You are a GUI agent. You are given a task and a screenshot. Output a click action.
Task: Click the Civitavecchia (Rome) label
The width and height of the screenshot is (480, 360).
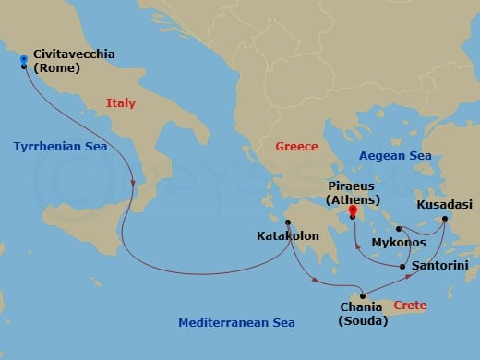point(73,61)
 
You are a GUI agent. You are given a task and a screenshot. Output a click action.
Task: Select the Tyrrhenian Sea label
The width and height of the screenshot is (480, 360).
point(60,147)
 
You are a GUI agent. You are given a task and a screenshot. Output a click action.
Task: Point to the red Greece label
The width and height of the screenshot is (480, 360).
point(296,147)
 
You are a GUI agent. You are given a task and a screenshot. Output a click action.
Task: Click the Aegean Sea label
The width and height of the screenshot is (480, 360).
point(394,157)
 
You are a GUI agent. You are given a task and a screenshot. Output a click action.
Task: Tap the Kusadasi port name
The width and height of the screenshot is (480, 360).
point(443,204)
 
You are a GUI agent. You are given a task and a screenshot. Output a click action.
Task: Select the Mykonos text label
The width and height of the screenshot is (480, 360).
point(398,243)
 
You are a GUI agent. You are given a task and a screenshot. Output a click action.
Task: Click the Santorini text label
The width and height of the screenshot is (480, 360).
point(439,266)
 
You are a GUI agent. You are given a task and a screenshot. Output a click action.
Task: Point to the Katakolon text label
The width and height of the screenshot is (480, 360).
point(287,236)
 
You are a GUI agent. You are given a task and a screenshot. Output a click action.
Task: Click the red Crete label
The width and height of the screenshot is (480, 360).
point(410,304)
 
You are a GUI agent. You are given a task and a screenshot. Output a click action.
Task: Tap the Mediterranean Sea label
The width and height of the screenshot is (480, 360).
point(236,322)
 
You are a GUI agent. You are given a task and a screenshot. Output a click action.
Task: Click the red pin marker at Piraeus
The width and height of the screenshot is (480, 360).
point(352,211)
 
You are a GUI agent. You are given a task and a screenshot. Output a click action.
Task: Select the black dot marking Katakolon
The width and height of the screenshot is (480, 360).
point(288,222)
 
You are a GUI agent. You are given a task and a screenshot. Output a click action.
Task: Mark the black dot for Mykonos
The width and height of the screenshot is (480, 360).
point(397,229)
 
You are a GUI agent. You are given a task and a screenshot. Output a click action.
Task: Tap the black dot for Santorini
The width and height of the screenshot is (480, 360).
point(403,267)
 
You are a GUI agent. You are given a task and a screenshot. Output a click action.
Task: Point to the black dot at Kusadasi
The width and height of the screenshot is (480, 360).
point(444,219)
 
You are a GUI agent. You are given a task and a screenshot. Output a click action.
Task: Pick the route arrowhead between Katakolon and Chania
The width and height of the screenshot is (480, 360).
point(318,280)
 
